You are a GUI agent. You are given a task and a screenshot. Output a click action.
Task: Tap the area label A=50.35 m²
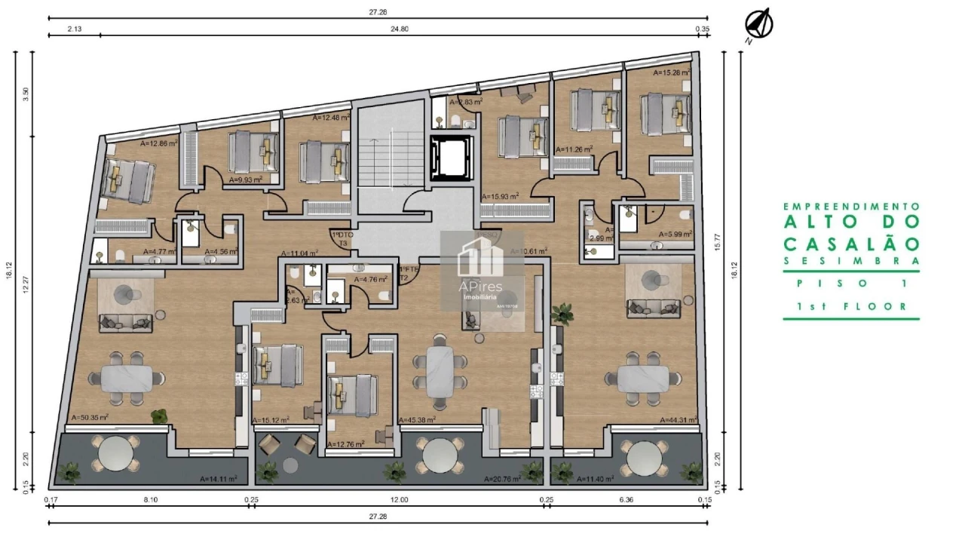tap(90, 417)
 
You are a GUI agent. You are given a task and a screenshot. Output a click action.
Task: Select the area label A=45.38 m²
tap(423, 420)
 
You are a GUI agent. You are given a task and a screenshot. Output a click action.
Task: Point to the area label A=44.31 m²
tap(678, 420)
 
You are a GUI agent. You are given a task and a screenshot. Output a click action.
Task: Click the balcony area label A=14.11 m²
tap(219, 478)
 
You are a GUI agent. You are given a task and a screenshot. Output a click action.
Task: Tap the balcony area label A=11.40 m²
tap(594, 478)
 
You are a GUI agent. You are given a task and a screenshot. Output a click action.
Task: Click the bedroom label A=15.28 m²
tap(672, 73)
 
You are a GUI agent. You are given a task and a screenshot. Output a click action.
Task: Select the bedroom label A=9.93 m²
tap(245, 180)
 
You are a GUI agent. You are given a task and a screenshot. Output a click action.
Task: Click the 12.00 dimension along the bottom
tap(399, 499)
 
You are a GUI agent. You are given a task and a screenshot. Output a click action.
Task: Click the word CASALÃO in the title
tap(851, 244)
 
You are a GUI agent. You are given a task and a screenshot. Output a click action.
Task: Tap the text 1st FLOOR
tap(851, 307)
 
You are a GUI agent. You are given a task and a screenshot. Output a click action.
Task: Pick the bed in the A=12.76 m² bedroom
tap(352, 394)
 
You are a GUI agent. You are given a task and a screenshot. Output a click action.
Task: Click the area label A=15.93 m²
tap(500, 196)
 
